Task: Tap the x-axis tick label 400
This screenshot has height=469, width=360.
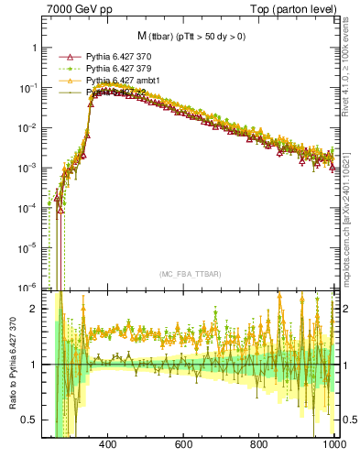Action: [107, 444]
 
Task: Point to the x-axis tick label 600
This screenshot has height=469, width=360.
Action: [183, 444]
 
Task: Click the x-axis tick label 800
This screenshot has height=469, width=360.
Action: [259, 444]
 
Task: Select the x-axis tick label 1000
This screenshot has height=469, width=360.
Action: [333, 444]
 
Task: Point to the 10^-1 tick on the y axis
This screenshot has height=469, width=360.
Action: [29, 88]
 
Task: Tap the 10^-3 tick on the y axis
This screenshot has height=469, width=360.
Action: [29, 168]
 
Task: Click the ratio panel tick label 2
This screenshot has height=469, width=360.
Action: [34, 309]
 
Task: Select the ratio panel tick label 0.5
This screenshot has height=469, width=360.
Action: [30, 420]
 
